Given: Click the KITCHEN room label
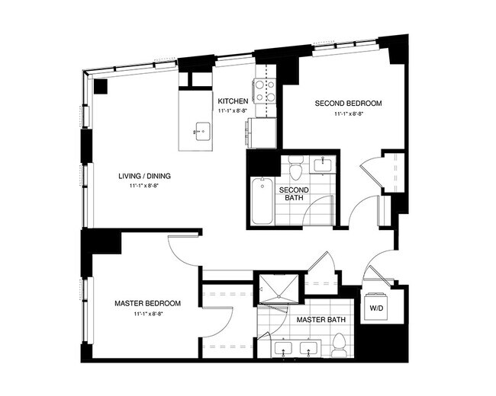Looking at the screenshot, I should coord(233,101).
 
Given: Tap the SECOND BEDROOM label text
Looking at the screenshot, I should coord(347,103).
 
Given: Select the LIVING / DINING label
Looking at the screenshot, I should coord(144,176).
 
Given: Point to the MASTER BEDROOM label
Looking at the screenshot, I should coord(148,303).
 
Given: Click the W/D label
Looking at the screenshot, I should coord(376,308).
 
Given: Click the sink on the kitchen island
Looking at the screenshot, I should coord(202,132).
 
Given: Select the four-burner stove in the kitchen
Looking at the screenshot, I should coord(265,91).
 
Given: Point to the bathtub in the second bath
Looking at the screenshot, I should coord(262,201).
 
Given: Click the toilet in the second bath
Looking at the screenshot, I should coord(297,163).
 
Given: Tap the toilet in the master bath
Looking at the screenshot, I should coord(338,343).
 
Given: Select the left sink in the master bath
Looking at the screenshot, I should coord(283,348).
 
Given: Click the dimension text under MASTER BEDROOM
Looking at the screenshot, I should coord(148,313).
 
